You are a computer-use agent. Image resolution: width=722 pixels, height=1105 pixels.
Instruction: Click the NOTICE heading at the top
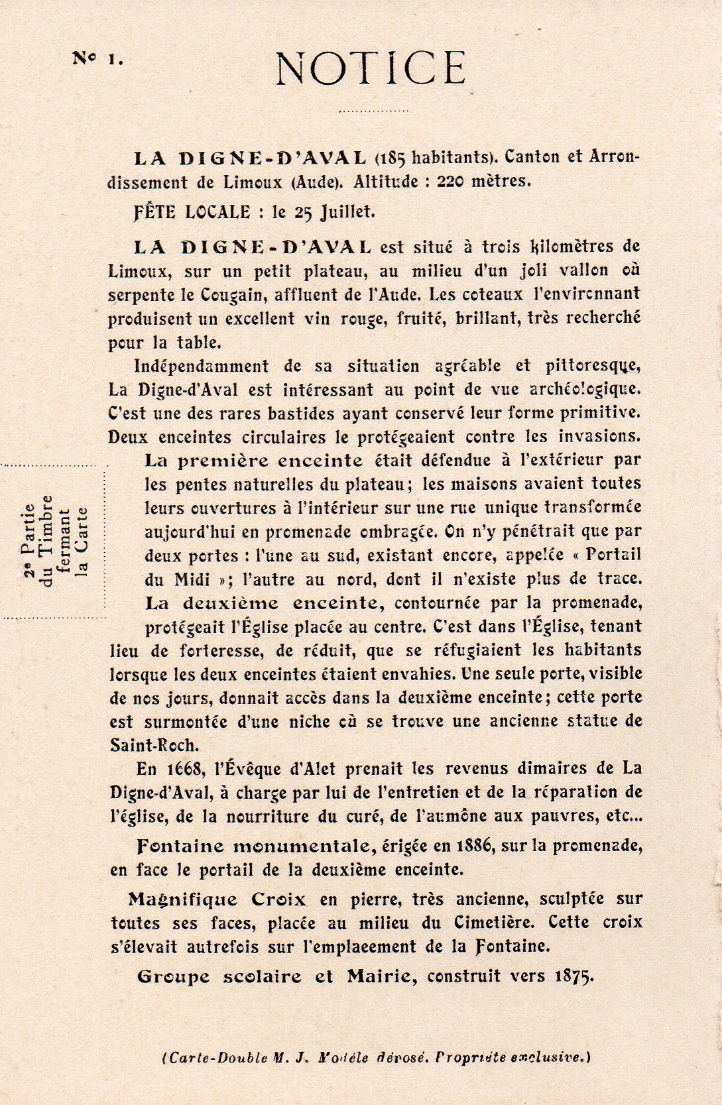click(x=371, y=68)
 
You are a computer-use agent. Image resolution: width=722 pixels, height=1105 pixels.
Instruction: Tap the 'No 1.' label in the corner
click(x=97, y=58)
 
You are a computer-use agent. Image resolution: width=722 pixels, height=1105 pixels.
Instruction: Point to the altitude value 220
click(x=450, y=181)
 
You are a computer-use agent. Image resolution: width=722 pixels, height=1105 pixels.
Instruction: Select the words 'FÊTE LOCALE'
click(x=192, y=212)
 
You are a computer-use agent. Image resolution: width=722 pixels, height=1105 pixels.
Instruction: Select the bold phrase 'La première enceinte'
click(x=253, y=460)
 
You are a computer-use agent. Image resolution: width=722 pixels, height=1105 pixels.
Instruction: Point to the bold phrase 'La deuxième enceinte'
click(x=263, y=603)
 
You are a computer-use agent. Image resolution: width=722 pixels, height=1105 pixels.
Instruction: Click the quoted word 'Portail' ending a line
click(x=613, y=555)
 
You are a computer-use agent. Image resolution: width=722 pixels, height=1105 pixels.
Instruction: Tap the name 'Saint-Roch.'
click(x=153, y=744)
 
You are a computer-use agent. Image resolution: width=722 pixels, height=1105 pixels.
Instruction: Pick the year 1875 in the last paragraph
click(x=572, y=976)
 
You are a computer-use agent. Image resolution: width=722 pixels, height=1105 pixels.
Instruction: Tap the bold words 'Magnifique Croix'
click(x=217, y=900)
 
